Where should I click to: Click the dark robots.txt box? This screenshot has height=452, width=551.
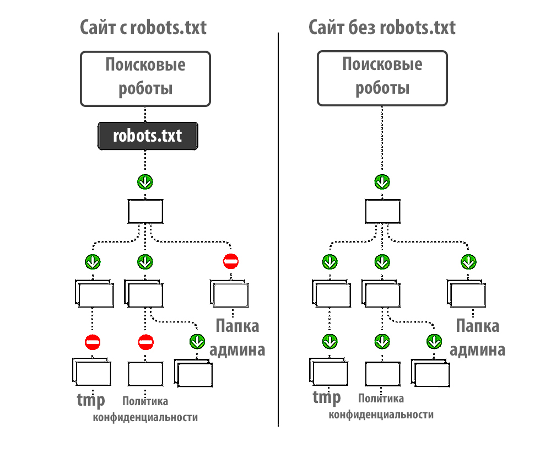click(x=147, y=136)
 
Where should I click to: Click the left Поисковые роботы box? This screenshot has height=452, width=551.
click(x=145, y=78)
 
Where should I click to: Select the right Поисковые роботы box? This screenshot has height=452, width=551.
click(x=382, y=78)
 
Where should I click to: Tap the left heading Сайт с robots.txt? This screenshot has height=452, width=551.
click(x=143, y=28)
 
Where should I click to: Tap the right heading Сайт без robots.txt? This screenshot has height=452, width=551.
click(x=382, y=28)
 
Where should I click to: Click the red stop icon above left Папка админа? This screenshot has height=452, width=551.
click(x=230, y=261)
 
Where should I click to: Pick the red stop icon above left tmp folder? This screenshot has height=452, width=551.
click(x=92, y=342)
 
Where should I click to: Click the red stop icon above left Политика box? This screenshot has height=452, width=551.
click(x=145, y=342)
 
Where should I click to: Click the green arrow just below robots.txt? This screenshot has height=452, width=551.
click(x=145, y=182)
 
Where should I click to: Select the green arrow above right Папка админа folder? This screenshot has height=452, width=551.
click(x=468, y=261)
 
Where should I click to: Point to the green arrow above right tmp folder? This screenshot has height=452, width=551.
click(x=329, y=342)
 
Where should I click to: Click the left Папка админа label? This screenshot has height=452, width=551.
click(x=237, y=337)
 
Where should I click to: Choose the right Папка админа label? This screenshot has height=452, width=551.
click(x=477, y=337)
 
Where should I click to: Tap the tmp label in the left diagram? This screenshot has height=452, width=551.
click(x=90, y=400)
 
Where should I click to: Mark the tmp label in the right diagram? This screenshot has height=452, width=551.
click(x=327, y=397)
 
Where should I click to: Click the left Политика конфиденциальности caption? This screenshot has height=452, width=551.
click(x=145, y=409)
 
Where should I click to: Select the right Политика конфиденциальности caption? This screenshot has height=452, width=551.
click(x=381, y=407)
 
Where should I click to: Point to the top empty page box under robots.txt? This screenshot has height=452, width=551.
click(x=145, y=212)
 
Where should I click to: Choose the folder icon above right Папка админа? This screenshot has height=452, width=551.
click(x=468, y=293)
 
